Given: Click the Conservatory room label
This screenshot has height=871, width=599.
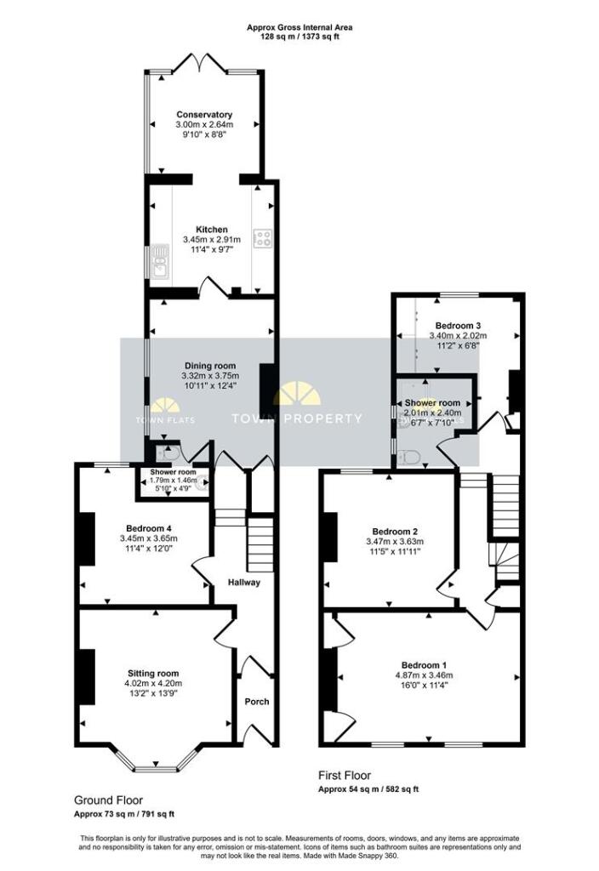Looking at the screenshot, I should pos(204,114).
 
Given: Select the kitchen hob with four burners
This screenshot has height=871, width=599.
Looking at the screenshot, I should pos(261,239).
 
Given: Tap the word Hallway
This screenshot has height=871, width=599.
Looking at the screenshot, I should pos(243,583).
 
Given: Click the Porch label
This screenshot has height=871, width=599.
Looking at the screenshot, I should pos(257,702).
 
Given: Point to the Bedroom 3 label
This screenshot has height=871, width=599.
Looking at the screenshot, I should pos(459,326).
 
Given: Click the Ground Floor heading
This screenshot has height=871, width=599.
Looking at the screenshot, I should pos(108,800).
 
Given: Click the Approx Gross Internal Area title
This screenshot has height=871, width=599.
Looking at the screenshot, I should pos(299,27).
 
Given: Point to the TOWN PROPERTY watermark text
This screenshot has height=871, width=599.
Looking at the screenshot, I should pos(297,418).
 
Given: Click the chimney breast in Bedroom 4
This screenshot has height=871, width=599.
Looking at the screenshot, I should pos(86,541).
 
